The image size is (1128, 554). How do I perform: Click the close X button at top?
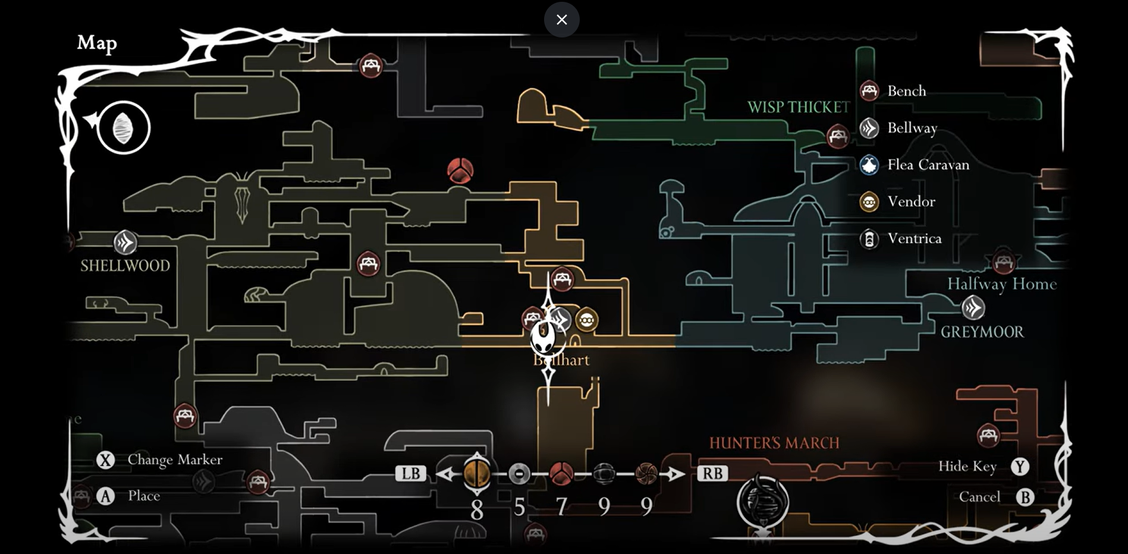561,20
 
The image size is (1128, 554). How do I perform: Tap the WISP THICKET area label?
798,108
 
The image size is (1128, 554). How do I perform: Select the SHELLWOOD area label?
125,266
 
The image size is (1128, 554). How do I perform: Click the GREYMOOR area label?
982,332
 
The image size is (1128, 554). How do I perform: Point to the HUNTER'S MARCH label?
774,443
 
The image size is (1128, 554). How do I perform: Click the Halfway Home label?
1001,284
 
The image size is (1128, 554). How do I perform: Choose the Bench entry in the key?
906,91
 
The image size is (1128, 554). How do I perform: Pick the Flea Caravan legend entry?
928,165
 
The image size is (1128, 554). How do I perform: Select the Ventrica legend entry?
914,239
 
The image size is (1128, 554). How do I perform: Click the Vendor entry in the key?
910,202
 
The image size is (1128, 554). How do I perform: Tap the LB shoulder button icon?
411,474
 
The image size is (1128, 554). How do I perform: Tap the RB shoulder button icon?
712,474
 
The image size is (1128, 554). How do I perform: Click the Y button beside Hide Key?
1020,467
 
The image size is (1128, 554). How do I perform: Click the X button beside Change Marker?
105,460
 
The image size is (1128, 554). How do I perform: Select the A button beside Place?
105,496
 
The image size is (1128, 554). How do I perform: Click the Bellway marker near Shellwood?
125,243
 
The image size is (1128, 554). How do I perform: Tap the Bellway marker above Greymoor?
973,308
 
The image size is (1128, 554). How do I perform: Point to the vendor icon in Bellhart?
586,320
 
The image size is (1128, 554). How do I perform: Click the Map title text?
97,43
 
